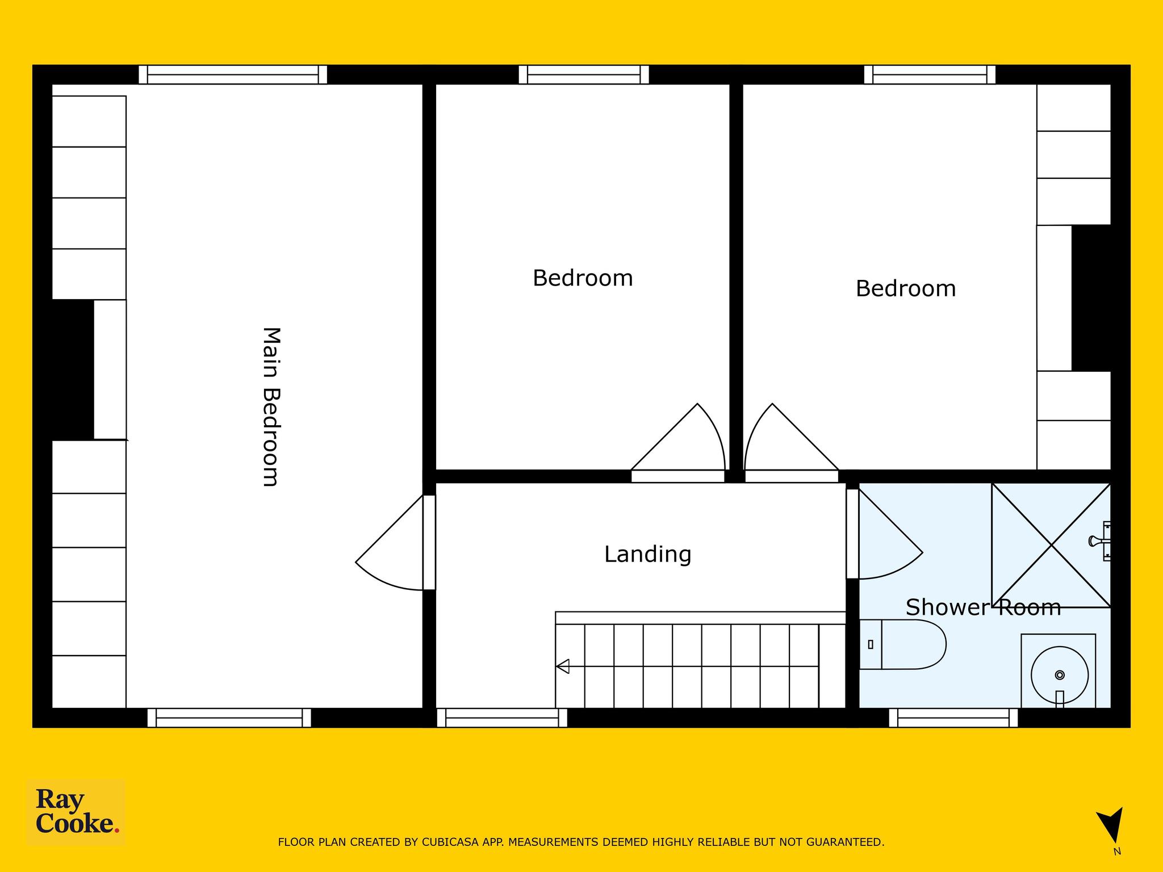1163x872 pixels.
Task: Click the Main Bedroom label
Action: (x=271, y=406)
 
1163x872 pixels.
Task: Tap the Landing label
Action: (x=647, y=554)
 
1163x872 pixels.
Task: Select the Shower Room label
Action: (x=983, y=607)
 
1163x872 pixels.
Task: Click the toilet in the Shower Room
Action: (x=902, y=644)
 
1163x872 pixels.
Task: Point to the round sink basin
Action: (x=1060, y=676)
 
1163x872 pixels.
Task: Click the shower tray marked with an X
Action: (x=1051, y=545)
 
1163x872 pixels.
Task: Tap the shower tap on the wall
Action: (x=1100, y=541)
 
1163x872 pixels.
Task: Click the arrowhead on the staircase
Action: (x=563, y=666)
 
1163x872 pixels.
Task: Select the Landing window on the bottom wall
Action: (x=502, y=718)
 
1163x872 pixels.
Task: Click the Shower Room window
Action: (x=953, y=718)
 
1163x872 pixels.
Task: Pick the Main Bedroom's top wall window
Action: (x=233, y=75)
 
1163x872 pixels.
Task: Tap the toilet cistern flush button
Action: (x=871, y=644)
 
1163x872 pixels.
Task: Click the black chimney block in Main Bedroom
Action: (x=73, y=370)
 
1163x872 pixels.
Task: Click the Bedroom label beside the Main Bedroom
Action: (x=583, y=278)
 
